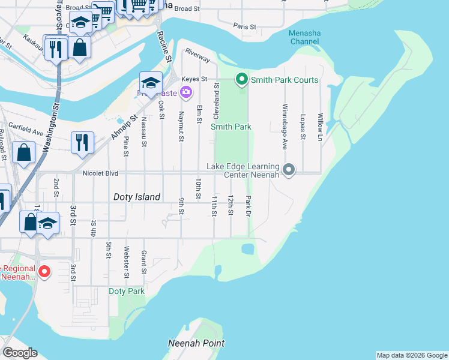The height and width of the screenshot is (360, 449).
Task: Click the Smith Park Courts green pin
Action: tap(242, 79)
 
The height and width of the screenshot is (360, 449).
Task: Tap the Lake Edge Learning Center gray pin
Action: tap(289, 170)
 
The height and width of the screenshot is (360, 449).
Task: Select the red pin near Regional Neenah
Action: tap(44, 272)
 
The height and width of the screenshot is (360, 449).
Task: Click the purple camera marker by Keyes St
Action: tap(186, 92)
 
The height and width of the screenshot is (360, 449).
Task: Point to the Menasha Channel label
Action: tap(304, 37)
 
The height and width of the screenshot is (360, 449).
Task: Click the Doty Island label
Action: tap(137, 197)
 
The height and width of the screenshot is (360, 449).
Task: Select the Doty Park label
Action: tap(127, 292)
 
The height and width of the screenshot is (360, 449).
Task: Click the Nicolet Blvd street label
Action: tap(100, 173)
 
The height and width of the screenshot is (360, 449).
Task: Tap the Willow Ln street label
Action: tap(321, 126)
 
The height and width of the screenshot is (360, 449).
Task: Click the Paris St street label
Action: tap(245, 27)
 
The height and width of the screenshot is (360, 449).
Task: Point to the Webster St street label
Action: tap(126, 258)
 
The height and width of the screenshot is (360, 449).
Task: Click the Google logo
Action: tap(19, 353)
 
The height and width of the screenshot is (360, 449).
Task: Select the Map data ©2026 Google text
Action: tap(411, 355)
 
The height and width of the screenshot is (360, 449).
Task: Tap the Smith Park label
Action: tap(231, 127)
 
